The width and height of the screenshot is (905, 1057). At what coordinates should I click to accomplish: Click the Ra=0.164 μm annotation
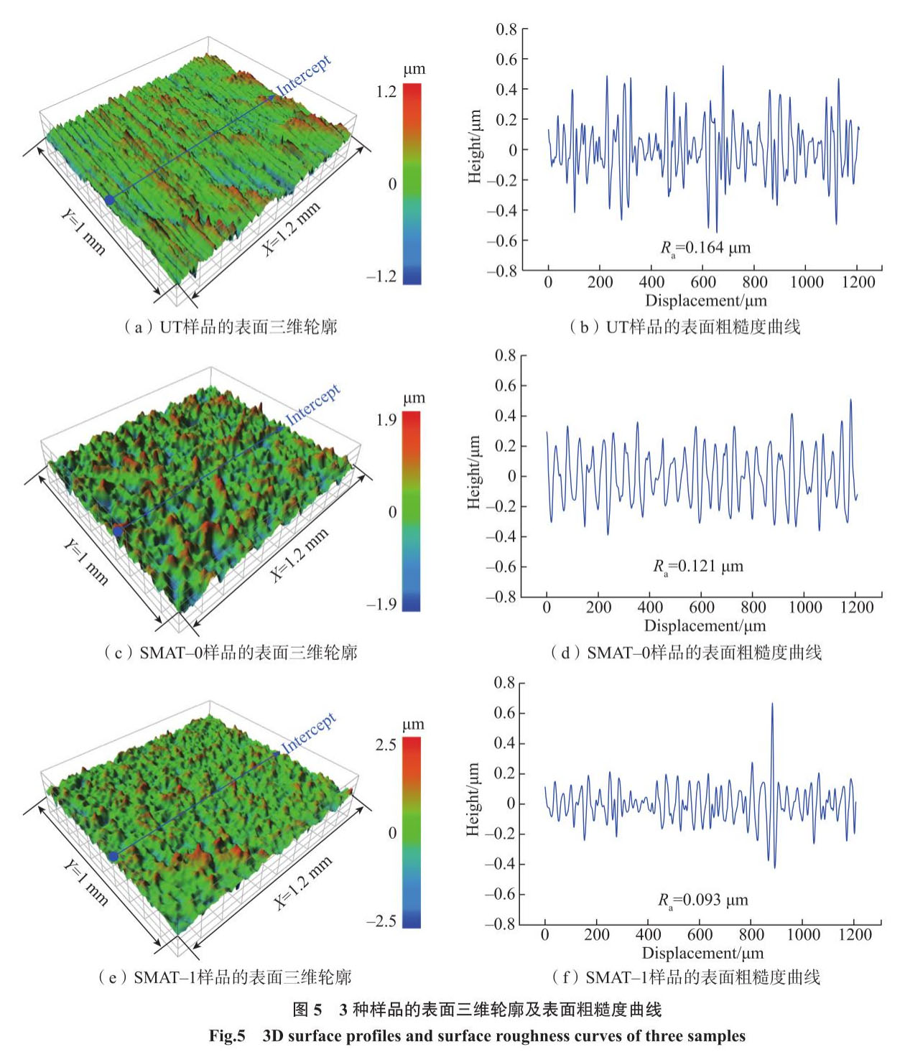click(x=705, y=248)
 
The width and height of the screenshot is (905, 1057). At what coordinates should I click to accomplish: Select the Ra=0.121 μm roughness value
click(x=698, y=567)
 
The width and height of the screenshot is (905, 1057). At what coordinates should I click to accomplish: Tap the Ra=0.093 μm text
click(x=703, y=900)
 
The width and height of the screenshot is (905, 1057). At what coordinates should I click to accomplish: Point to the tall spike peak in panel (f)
click(x=772, y=704)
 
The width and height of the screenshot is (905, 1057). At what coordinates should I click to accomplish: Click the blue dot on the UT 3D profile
click(x=109, y=200)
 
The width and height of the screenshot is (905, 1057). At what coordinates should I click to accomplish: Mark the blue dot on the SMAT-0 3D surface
click(x=117, y=531)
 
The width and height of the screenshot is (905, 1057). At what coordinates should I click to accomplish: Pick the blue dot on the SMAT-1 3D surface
click(x=113, y=856)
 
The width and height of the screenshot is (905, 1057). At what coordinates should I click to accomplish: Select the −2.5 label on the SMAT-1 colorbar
click(x=381, y=921)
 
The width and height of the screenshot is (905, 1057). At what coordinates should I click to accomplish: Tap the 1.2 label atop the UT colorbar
click(x=386, y=91)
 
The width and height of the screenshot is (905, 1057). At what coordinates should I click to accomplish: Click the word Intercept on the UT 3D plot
click(x=304, y=75)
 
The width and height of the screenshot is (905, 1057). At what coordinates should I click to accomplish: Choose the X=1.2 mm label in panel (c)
click(x=299, y=554)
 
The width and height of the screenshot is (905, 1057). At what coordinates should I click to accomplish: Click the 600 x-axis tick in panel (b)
click(x=703, y=282)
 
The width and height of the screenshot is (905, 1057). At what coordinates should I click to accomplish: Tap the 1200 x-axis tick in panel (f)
click(x=855, y=934)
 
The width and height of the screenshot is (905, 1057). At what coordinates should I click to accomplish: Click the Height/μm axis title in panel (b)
click(x=475, y=146)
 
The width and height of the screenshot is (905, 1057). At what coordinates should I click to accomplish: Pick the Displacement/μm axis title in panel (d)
click(x=705, y=626)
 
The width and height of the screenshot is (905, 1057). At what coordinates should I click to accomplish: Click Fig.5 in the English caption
click(x=227, y=1036)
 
